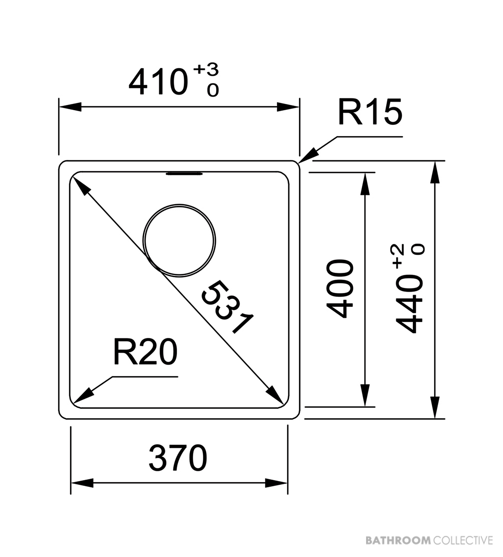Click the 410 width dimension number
(158, 82)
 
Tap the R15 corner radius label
(370, 112)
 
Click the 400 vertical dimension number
(340, 289)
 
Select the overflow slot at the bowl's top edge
(184, 174)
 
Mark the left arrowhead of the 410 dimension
(71, 107)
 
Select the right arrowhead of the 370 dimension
(276, 483)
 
